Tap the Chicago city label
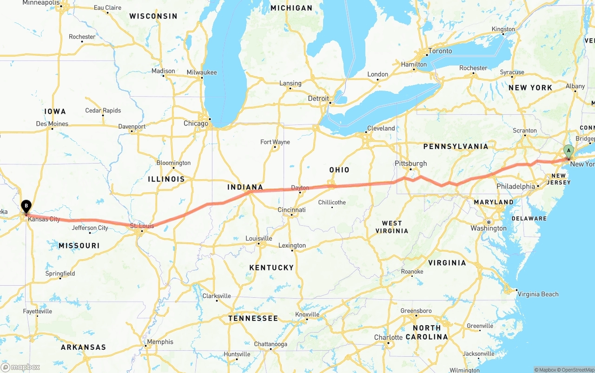click(196, 124)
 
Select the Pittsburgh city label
click(410, 164)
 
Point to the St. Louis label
click(142, 226)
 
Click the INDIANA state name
click(245, 187)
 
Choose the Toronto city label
click(440, 51)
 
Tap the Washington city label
click(488, 228)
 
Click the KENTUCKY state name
click(271, 268)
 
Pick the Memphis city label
click(160, 342)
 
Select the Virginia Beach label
click(538, 294)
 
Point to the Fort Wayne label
click(275, 142)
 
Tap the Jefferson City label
click(90, 228)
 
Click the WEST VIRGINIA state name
click(391, 227)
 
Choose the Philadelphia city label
click(516, 186)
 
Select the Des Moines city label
click(52, 124)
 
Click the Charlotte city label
click(388, 337)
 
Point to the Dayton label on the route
click(300, 188)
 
